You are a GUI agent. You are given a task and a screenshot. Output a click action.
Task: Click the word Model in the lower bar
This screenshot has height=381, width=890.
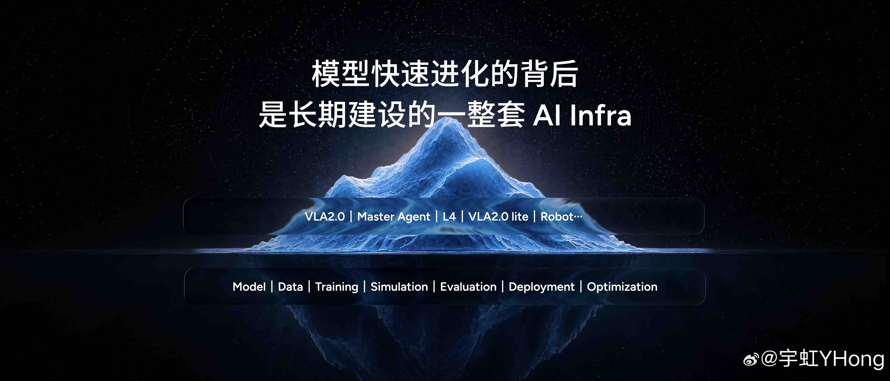pos(249,287)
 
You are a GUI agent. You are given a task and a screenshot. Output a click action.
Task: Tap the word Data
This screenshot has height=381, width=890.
pos(290,287)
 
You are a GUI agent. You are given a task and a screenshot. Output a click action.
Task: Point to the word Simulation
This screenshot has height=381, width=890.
pos(399,287)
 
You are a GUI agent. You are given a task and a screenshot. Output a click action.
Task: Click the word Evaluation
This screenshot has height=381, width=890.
pos(468,287)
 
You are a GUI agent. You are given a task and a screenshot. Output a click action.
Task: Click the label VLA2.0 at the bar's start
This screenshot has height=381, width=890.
pos(325,217)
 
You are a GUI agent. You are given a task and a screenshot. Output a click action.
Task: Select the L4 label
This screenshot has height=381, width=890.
pos(449,217)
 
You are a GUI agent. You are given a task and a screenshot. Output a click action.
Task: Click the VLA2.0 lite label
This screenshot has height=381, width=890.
pos(498,217)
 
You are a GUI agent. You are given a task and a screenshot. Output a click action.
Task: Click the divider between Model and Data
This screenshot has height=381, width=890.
pos(272,287)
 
